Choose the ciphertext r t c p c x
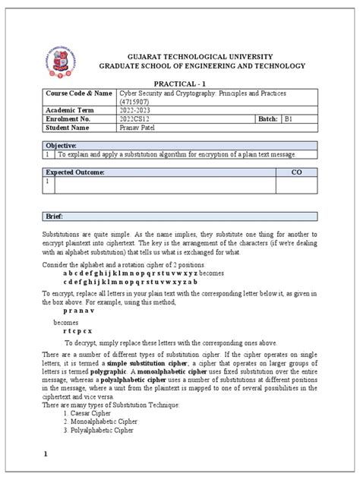coord(78,332)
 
